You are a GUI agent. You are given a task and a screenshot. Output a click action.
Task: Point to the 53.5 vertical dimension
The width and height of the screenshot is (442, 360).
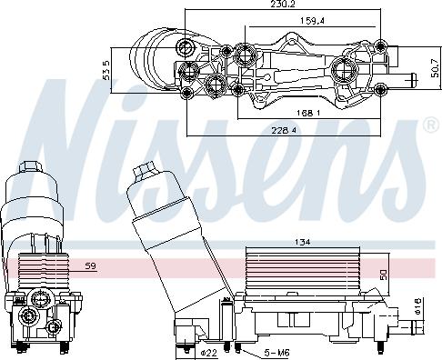(108, 70)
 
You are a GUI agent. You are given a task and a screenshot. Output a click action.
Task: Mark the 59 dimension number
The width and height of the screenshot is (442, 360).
(91, 265)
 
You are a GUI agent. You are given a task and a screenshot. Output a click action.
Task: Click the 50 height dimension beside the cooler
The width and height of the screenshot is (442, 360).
(385, 274)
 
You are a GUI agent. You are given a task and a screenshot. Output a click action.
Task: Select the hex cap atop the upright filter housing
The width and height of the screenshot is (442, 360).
(29, 172)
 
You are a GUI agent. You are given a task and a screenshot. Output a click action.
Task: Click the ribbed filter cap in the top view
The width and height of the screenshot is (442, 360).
(155, 56)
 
